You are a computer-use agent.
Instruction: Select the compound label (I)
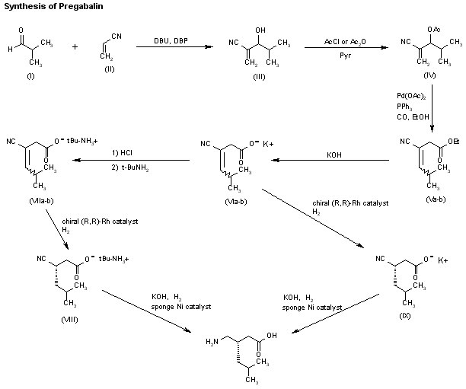coord(31,78)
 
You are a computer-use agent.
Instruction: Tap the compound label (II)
coord(109,69)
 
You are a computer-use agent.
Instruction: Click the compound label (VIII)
coord(71,317)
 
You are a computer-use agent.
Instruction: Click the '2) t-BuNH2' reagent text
coord(133,167)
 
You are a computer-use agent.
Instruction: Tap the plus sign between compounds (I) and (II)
coord(75,46)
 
